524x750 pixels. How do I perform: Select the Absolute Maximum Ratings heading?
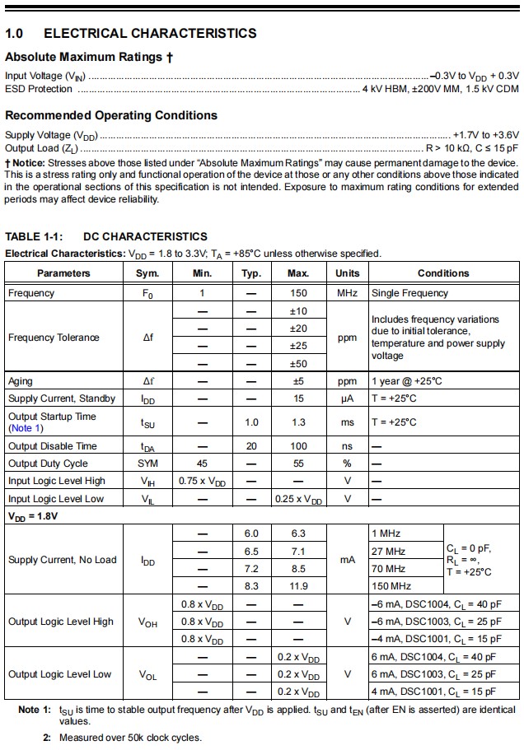[x=88, y=58]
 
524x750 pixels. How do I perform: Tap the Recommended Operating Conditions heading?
[x=111, y=115]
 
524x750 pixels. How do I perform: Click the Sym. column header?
[x=147, y=273]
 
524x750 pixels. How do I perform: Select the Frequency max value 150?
[x=298, y=293]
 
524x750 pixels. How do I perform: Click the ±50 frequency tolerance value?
[x=298, y=364]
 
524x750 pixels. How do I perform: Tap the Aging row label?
[x=21, y=381]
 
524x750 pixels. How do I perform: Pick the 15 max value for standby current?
[x=298, y=398]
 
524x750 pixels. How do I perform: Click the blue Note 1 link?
[x=26, y=428]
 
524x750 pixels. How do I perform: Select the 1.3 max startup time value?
[x=298, y=422]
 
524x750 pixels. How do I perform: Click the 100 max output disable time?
[x=298, y=446]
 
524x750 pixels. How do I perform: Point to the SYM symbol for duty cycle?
[x=147, y=464]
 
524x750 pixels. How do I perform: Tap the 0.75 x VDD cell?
[x=202, y=481]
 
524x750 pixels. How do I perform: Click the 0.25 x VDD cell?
[x=298, y=499]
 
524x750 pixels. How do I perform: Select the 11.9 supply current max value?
[x=298, y=586]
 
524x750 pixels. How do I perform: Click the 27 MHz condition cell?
[x=389, y=551]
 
